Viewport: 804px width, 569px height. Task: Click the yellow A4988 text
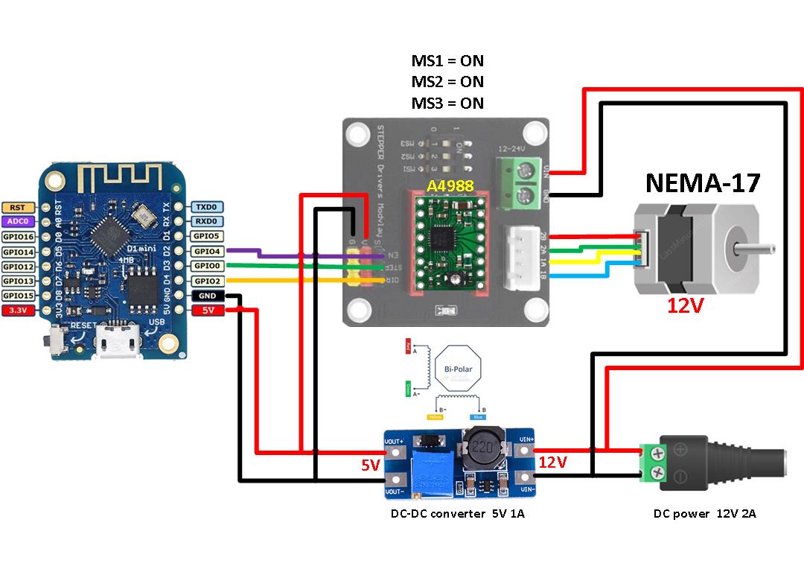click(450, 186)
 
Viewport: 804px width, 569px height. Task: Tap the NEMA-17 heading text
click(703, 182)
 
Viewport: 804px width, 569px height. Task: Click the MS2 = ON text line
click(447, 82)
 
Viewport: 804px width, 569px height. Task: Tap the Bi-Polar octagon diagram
click(458, 369)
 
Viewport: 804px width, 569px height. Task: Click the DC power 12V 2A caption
click(704, 514)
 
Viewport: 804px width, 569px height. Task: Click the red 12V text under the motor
click(685, 306)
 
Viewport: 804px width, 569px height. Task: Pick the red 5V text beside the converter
click(371, 465)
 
